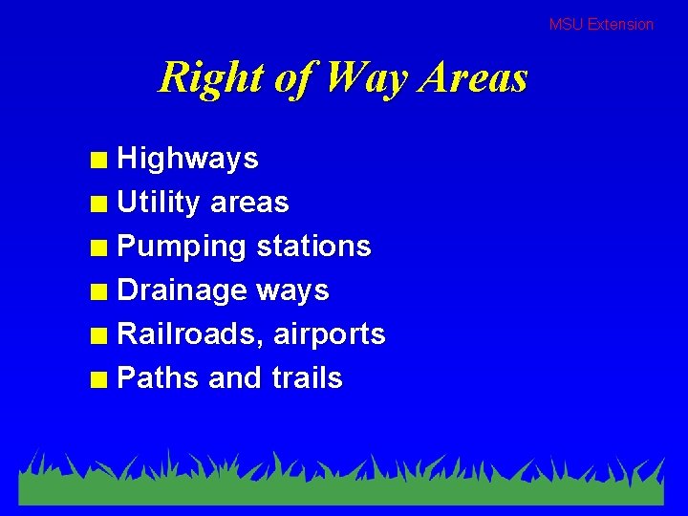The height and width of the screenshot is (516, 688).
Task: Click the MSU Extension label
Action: click(601, 25)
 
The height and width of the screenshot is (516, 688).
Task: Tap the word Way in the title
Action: click(368, 77)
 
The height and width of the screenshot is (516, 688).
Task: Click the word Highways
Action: click(187, 159)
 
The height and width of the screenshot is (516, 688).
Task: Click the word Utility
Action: click(159, 203)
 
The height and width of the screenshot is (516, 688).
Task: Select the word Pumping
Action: click(182, 247)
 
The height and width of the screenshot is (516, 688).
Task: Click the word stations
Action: click(313, 247)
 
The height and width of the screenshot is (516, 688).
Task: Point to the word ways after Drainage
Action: click(292, 291)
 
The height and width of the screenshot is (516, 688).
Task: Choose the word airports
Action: click(330, 335)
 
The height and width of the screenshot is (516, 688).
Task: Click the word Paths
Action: click(158, 378)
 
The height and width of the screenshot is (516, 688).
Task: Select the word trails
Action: click(307, 378)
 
